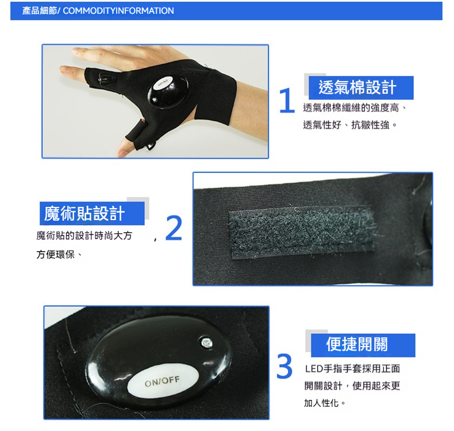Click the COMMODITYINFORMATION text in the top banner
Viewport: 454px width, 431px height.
[x=118, y=11]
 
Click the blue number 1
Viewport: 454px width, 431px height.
[x=287, y=100]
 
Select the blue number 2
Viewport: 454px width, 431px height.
[x=174, y=228]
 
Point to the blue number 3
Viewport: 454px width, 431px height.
[x=284, y=366]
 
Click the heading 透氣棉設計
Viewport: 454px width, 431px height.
[x=357, y=87]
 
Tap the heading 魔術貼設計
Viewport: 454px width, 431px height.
[x=84, y=214]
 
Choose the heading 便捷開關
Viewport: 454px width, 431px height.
[x=357, y=344]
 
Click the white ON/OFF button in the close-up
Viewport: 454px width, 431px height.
[x=163, y=381]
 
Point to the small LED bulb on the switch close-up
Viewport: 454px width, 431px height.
[x=207, y=343]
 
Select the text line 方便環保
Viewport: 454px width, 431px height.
[x=59, y=255]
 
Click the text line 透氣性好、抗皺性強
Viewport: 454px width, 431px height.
[x=349, y=125]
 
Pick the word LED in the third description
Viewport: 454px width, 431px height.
[x=314, y=369]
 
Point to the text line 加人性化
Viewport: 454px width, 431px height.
[x=324, y=403]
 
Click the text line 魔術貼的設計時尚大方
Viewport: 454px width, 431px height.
[x=84, y=236]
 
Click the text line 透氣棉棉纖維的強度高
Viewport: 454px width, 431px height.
[x=355, y=108]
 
